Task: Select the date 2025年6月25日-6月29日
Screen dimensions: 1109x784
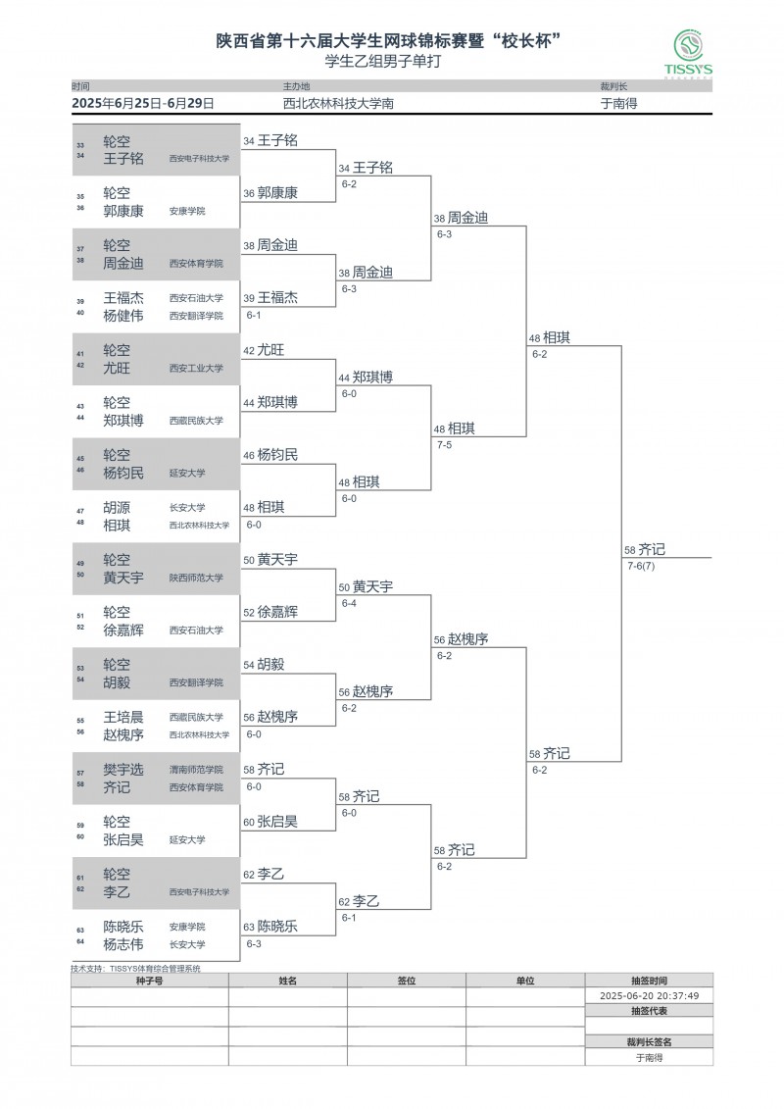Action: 143,102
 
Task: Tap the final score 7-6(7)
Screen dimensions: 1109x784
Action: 641,566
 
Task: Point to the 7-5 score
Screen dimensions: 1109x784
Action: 444,444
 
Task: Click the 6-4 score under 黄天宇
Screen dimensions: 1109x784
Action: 349,603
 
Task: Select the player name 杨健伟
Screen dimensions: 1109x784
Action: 123,316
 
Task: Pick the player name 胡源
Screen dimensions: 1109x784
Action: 117,508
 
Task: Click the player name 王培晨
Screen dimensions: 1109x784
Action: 123,717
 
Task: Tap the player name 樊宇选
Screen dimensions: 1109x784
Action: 123,770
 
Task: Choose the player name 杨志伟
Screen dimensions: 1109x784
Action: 123,944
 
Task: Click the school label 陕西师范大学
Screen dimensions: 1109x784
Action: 196,579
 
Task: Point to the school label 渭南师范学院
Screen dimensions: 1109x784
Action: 196,770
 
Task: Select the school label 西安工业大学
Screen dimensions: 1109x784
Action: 196,369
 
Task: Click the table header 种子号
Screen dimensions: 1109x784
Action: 149,980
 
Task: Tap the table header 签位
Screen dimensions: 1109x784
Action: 406,980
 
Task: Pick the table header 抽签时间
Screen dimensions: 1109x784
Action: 649,980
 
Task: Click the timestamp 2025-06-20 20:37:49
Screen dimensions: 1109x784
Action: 649,995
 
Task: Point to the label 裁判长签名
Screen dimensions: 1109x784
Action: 649,1042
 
